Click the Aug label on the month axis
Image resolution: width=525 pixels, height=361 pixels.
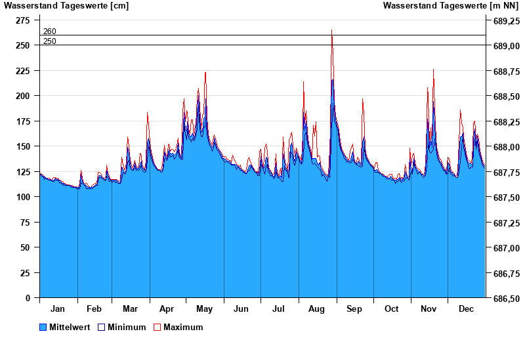pyautogui.click(x=317, y=308)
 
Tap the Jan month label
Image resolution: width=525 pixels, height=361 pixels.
pyautogui.click(x=58, y=308)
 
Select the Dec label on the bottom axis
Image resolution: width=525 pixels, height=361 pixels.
pyautogui.click(x=467, y=308)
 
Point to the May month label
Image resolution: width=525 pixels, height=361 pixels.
pyautogui.click(x=205, y=308)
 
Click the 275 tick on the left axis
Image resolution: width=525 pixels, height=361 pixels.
pyautogui.click(x=23, y=20)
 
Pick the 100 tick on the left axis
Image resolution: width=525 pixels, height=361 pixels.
pyautogui.click(x=23, y=197)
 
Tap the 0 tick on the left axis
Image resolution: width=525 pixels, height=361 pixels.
pyautogui.click(x=27, y=298)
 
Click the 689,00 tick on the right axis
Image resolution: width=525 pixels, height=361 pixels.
pyautogui.click(x=503, y=46)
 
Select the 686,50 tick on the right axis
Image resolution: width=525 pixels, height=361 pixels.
pyautogui.click(x=503, y=298)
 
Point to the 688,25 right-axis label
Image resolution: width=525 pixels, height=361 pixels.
pyautogui.click(x=503, y=121)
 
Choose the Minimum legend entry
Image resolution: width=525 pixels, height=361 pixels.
pyautogui.click(x=127, y=327)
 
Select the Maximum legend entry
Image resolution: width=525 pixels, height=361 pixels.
pyautogui.click(x=183, y=327)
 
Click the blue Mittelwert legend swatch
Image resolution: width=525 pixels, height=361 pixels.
pyautogui.click(x=43, y=327)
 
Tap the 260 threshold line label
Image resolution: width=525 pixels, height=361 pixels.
pyautogui.click(x=50, y=32)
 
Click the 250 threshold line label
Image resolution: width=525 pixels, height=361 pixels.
pyautogui.click(x=50, y=41)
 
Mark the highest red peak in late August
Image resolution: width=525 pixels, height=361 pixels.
pyautogui.click(x=332, y=30)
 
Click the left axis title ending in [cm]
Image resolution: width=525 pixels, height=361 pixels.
pyautogui.click(x=66, y=6)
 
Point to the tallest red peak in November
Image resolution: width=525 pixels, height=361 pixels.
pyautogui.click(x=433, y=70)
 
